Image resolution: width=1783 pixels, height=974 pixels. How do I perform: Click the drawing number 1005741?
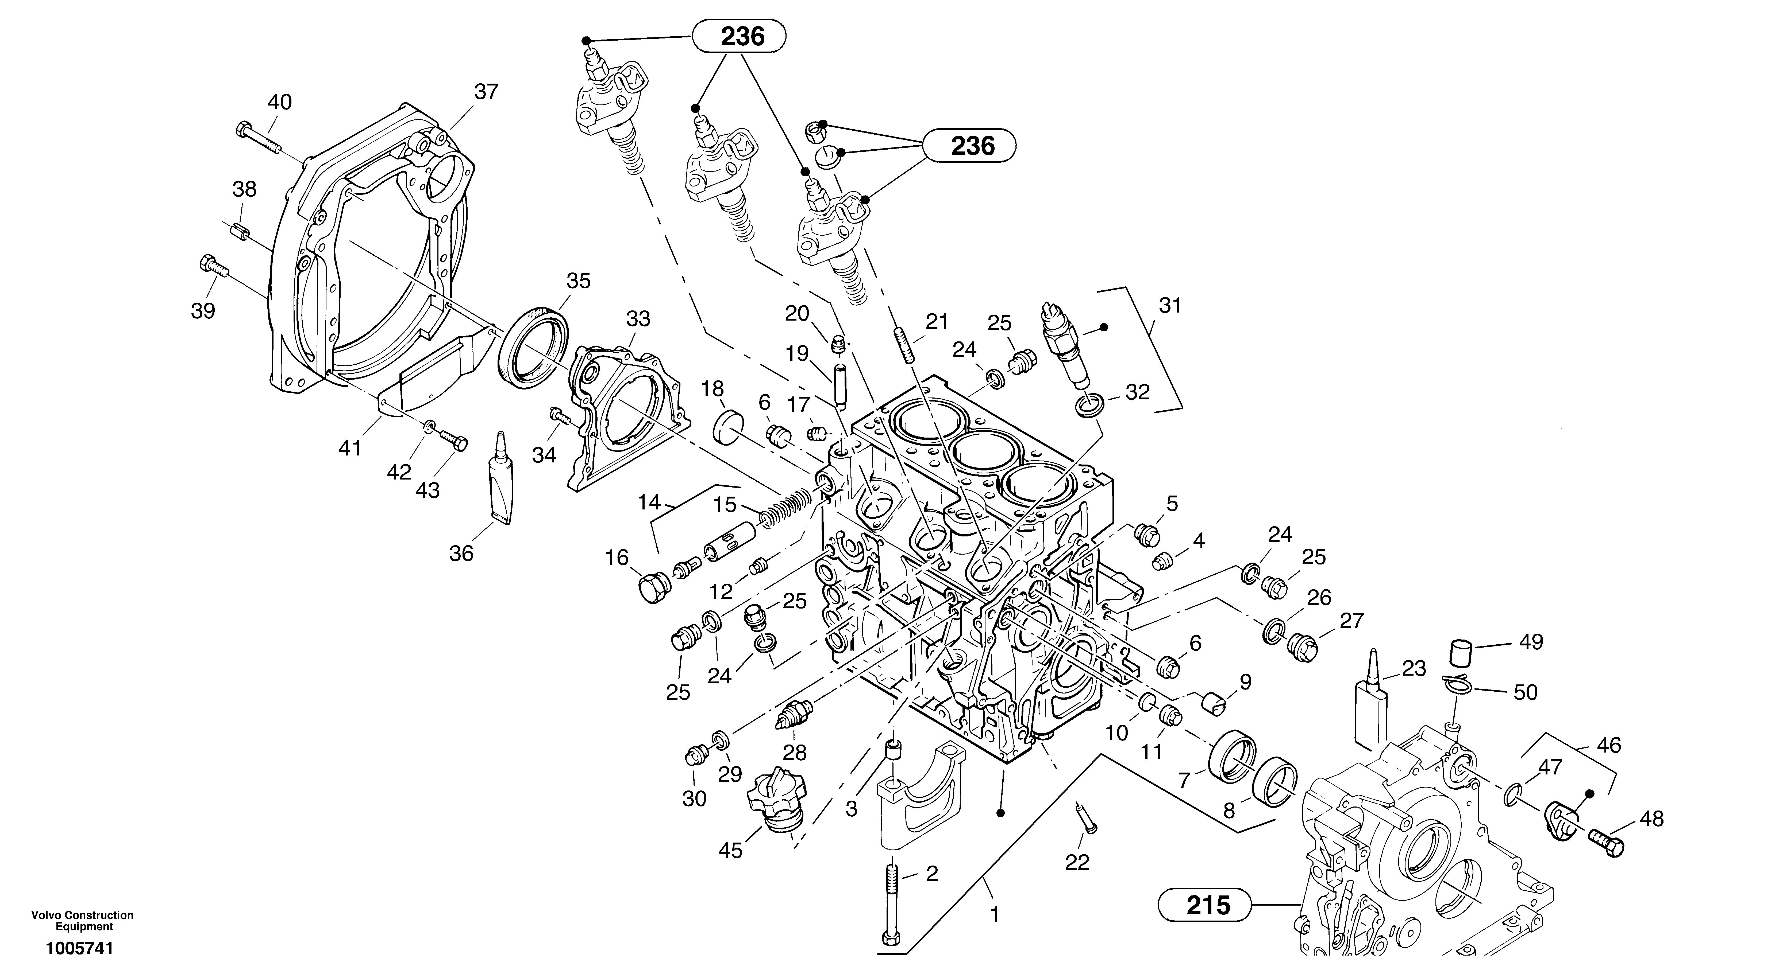79,948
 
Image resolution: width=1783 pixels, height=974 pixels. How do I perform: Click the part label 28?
795,752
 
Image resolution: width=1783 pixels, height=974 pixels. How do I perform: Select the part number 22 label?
1077,862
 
